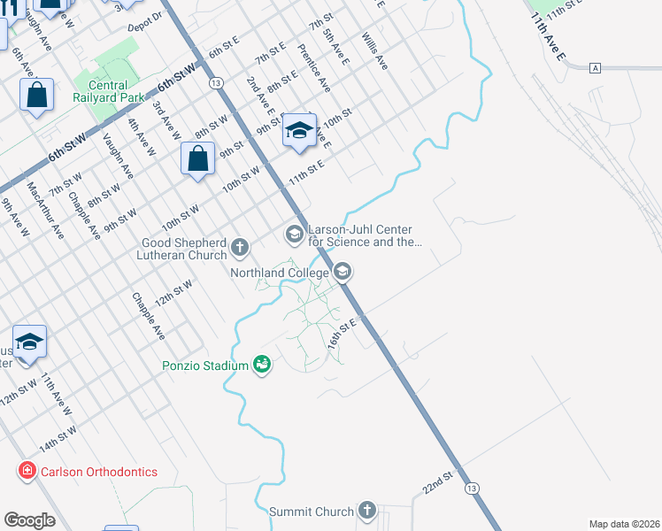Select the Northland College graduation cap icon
point(343,273)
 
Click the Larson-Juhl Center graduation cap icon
point(293,234)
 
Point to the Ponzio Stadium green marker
point(261,365)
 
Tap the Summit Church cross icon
point(367,511)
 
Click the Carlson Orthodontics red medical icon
point(27,471)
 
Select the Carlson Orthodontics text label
point(99,471)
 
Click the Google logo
point(29,520)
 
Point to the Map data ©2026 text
point(623,524)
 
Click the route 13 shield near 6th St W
point(215,82)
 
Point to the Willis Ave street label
point(374,51)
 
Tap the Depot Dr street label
point(146,23)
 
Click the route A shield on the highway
point(597,67)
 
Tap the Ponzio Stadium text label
point(205,365)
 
